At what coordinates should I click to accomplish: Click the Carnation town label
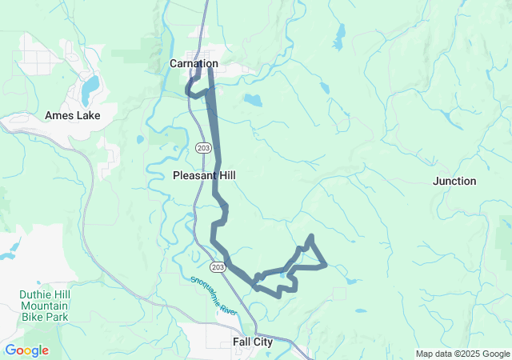194,63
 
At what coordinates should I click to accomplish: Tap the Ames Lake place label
72,115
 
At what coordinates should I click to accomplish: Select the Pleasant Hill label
204,174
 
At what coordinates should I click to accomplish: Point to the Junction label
454,181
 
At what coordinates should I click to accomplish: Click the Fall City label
253,342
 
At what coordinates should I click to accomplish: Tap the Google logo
26,350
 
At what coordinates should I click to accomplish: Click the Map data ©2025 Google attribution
462,354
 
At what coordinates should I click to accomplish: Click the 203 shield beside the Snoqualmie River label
218,266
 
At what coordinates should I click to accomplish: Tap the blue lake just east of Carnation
253,101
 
